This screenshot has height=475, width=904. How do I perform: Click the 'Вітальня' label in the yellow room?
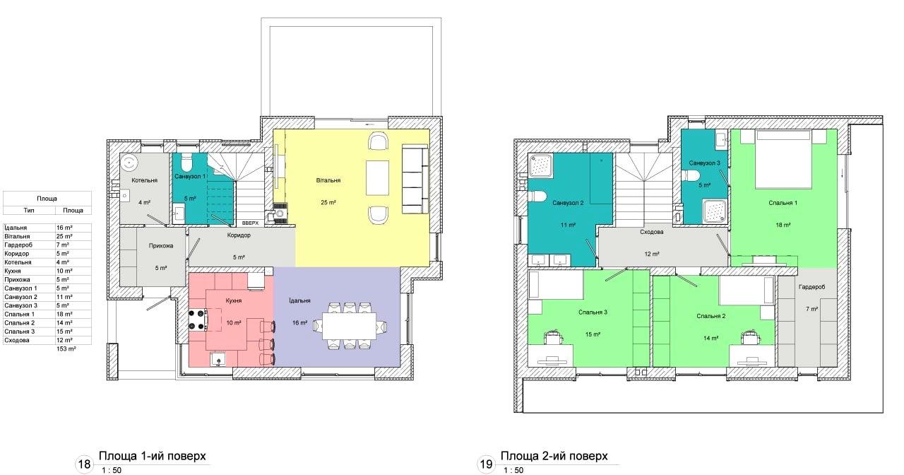pos(328,180)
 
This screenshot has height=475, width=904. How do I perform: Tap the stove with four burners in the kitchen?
pos(198,319)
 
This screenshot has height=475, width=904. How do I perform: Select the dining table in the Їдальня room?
pos(349,326)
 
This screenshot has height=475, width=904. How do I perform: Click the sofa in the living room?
pos(415,180)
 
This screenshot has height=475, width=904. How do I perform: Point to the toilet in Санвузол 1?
pos(186,162)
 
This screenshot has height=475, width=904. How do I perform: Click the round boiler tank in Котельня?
pos(129,163)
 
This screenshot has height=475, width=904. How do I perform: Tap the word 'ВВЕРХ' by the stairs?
pos(250,223)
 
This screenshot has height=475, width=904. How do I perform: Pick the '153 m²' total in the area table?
pos(66,348)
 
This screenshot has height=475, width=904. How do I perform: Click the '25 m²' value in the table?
pos(64,236)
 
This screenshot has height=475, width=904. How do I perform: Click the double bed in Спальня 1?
pos(783,159)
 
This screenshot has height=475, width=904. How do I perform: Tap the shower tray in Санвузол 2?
pos(541,165)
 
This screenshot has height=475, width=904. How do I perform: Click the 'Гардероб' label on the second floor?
pos(812,287)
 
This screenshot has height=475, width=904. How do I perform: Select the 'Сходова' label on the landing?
pos(651,232)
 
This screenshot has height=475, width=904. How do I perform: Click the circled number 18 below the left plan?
pos(84,463)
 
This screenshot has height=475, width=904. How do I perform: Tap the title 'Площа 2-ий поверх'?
pos(554,456)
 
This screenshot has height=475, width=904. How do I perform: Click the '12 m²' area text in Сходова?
pos(652,254)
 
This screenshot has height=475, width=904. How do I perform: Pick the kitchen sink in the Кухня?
pos(218,359)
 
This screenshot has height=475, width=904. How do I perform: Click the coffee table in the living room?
pos(377,177)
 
